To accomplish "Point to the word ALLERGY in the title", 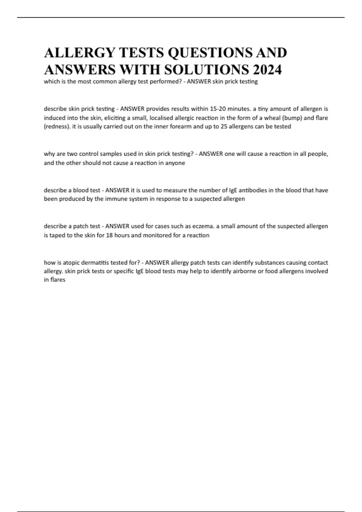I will [x=80, y=53].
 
